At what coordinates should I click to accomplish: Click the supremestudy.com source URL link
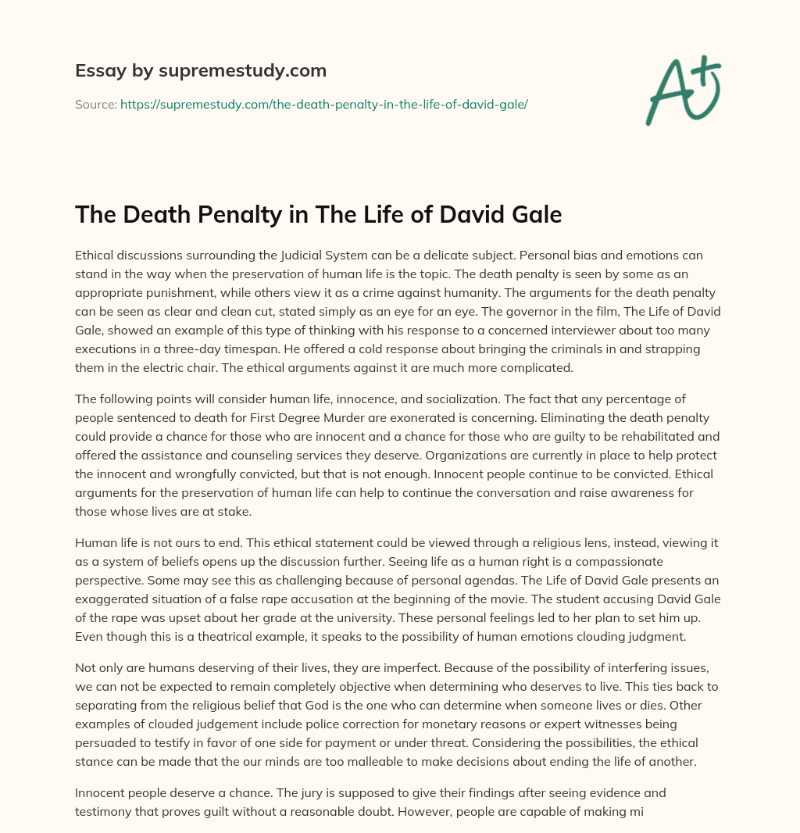(324, 103)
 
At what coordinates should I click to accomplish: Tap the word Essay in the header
(97, 71)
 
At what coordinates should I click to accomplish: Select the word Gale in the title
(534, 214)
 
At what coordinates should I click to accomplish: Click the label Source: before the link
(95, 103)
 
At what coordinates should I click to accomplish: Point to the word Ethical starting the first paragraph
(98, 255)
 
